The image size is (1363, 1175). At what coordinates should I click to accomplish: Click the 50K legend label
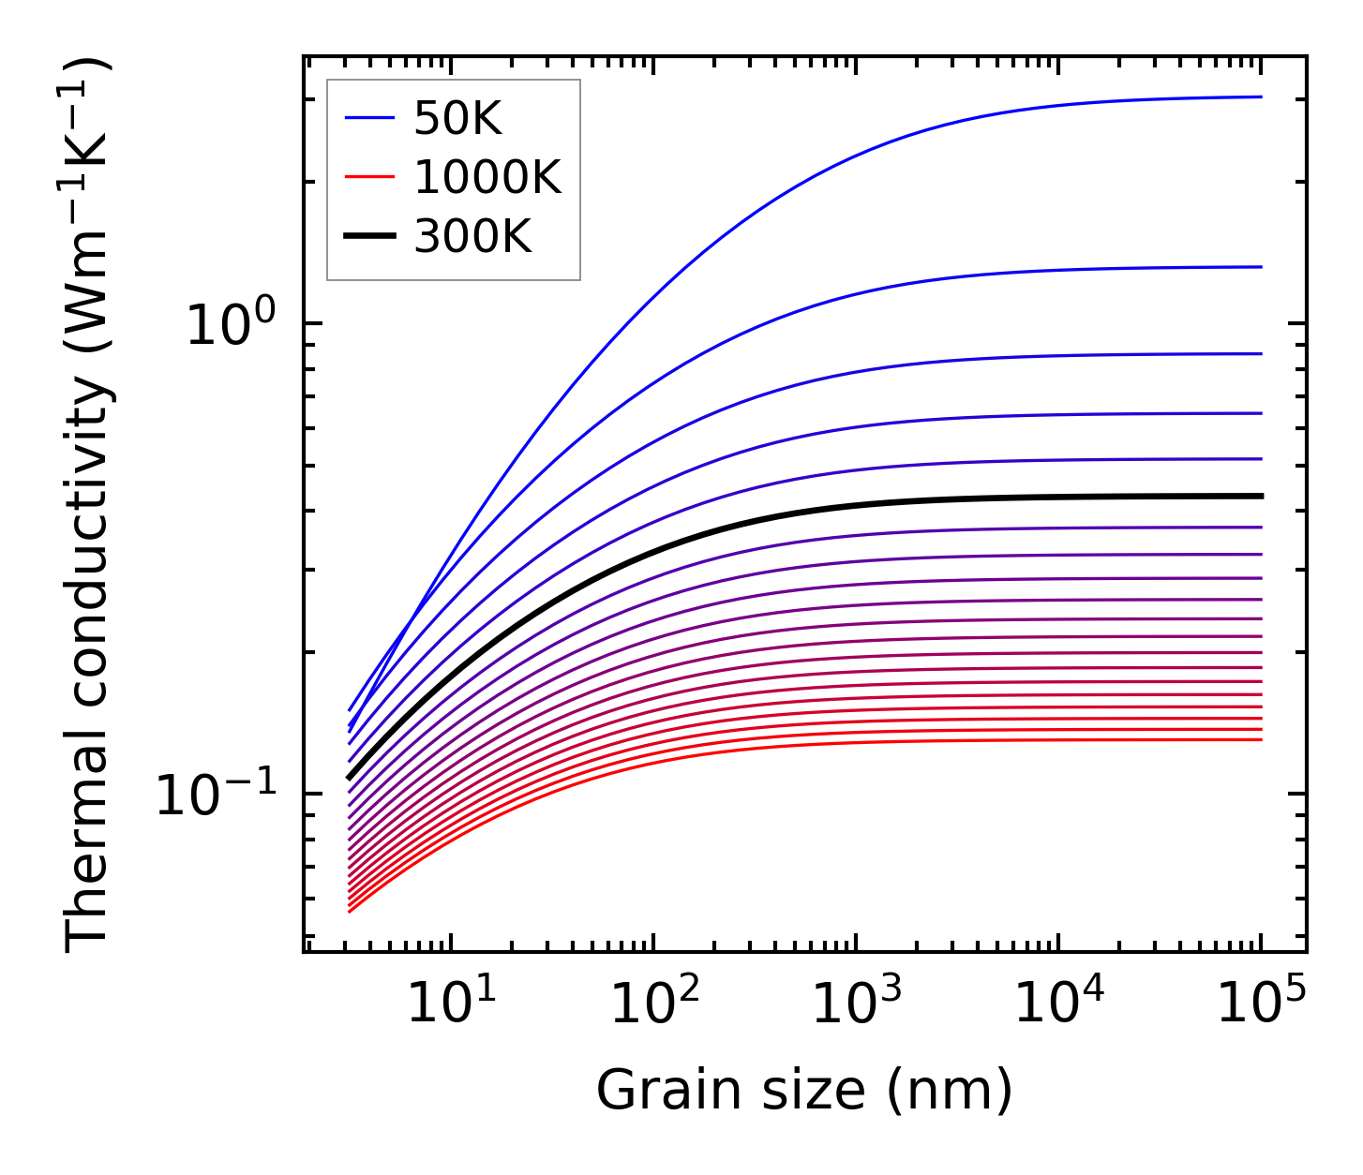[457, 119]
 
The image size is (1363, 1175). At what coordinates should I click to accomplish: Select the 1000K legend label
[487, 177]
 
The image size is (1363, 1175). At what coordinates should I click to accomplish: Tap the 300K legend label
[472, 237]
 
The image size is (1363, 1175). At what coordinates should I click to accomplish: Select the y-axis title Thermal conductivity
[89, 506]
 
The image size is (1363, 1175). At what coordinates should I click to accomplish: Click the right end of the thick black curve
[1262, 496]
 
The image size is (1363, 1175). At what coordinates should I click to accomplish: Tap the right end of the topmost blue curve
[1262, 97]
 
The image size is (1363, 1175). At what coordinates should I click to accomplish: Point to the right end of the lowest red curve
[1262, 740]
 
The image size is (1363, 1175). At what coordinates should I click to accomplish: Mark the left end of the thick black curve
[349, 778]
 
